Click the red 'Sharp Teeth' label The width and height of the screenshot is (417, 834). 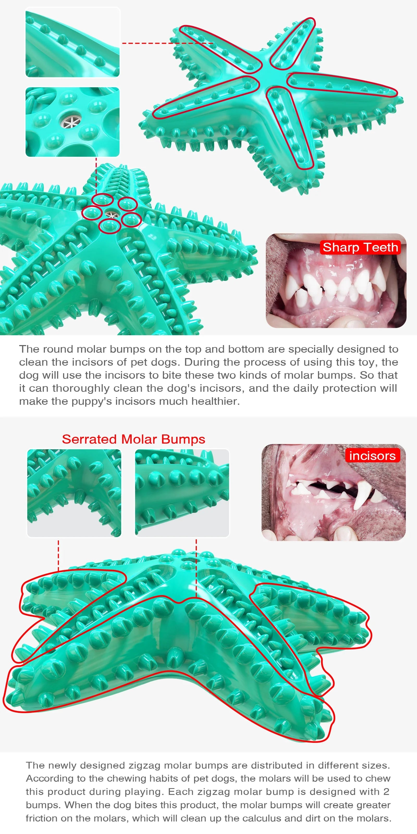360,247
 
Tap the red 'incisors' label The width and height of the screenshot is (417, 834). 372,456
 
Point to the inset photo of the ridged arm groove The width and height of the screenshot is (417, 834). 72,43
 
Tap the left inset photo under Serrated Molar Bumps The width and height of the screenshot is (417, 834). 74,493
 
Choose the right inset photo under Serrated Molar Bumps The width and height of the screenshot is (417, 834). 182,493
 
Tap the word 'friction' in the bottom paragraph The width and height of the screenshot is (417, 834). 41,818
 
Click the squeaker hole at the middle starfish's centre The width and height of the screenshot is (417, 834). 111,214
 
